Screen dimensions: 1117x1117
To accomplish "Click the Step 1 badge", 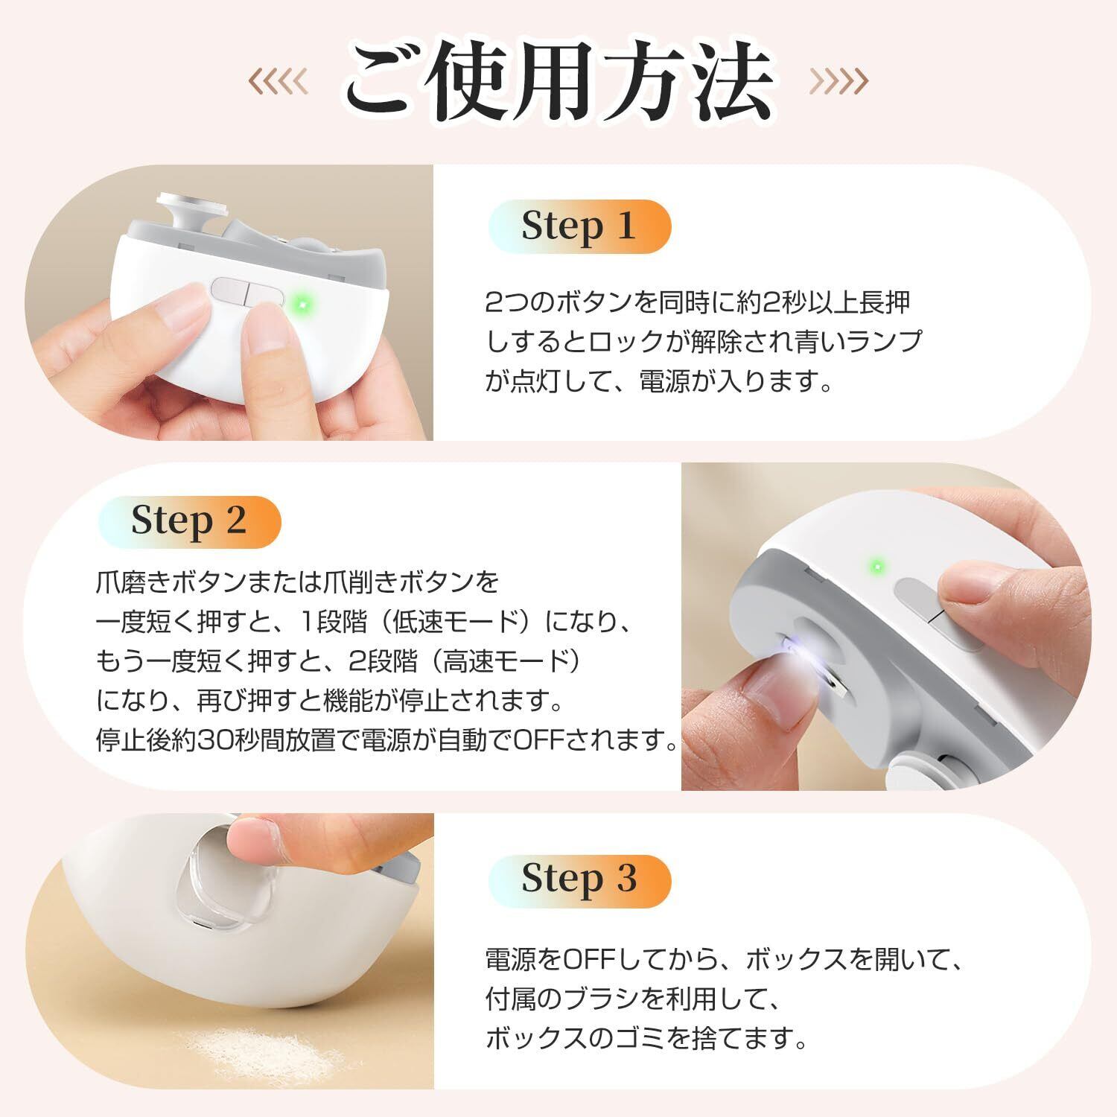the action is [579, 226].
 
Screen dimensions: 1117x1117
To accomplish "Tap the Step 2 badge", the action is [189, 521].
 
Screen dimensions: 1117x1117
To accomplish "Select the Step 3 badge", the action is [579, 880].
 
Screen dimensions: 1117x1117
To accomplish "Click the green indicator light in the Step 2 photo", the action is [878, 567].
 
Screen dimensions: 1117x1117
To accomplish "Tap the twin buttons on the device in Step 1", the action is [245, 292].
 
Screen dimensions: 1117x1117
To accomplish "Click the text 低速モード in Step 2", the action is [454, 620].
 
